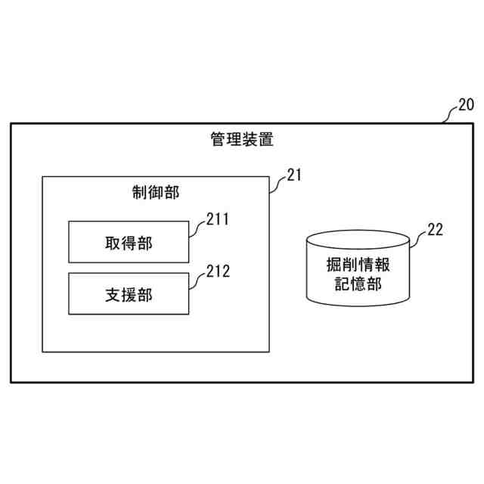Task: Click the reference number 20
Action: (466, 105)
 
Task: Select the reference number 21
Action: (294, 175)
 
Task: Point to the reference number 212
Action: (218, 270)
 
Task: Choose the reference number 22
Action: (435, 230)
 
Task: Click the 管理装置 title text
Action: (242, 139)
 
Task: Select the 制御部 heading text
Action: (156, 192)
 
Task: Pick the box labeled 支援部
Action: (129, 294)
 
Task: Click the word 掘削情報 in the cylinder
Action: (359, 266)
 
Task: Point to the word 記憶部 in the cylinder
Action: (359, 284)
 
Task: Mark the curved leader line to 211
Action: (197, 228)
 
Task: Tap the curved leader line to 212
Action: (197, 278)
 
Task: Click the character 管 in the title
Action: (218, 139)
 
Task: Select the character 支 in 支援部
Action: (113, 295)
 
